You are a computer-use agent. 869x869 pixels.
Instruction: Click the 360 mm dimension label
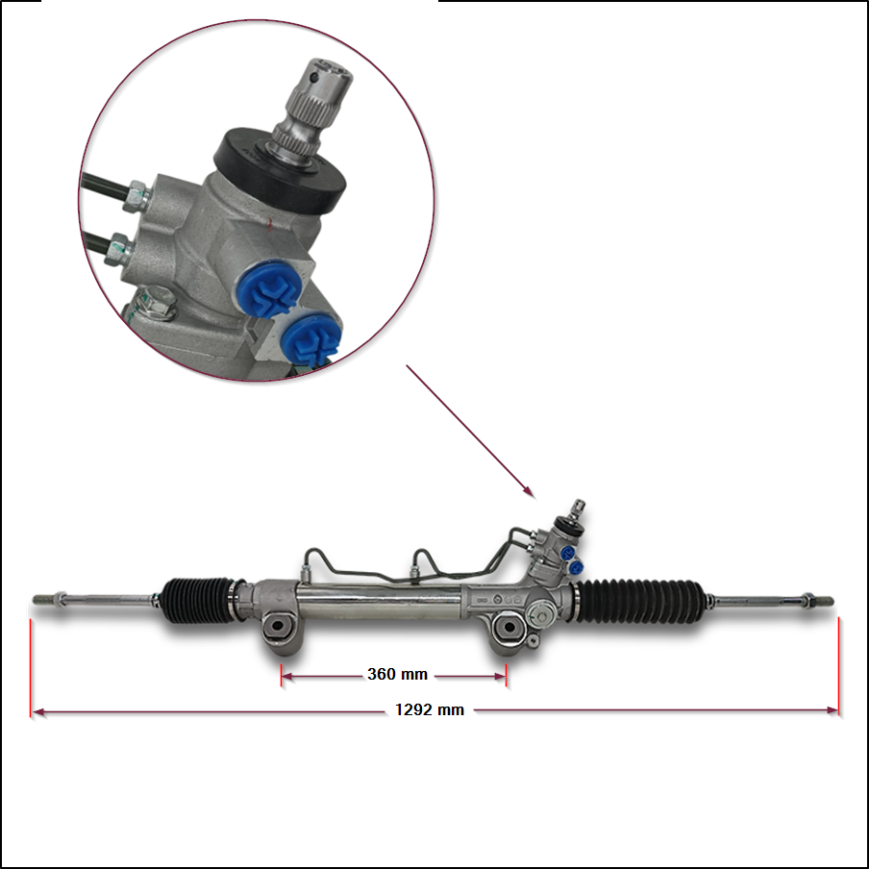397,675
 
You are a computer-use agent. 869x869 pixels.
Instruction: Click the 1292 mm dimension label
430,710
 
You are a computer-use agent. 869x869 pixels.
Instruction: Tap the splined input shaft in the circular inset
310,112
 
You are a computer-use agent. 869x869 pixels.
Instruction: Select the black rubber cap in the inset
280,172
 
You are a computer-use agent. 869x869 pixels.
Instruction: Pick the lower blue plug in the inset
310,340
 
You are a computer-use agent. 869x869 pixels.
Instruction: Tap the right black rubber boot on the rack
642,601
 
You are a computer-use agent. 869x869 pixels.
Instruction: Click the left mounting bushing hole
277,627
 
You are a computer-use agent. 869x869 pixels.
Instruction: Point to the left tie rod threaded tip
44,599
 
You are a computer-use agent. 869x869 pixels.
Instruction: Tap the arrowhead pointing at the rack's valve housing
529,491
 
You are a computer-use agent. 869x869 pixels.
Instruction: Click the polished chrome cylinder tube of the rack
381,603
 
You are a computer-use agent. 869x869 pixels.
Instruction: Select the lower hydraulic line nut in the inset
118,249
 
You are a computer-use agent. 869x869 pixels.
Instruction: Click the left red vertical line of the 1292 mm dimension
31,668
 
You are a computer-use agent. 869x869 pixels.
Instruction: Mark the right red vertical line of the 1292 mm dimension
839,666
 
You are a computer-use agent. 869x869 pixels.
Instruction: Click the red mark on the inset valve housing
270,223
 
